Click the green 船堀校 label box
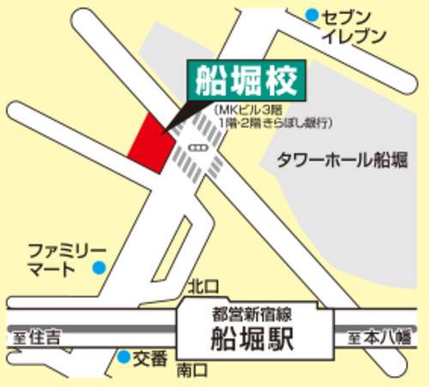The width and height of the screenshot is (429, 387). click(x=246, y=82)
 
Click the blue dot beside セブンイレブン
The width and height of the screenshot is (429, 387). click(x=312, y=15)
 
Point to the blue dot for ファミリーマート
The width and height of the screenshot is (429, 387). click(x=100, y=268)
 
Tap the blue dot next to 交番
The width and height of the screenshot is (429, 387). click(x=124, y=356)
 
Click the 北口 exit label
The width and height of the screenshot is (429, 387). click(x=198, y=285)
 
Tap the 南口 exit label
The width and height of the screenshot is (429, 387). click(x=192, y=371)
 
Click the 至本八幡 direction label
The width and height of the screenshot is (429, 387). click(x=379, y=338)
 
